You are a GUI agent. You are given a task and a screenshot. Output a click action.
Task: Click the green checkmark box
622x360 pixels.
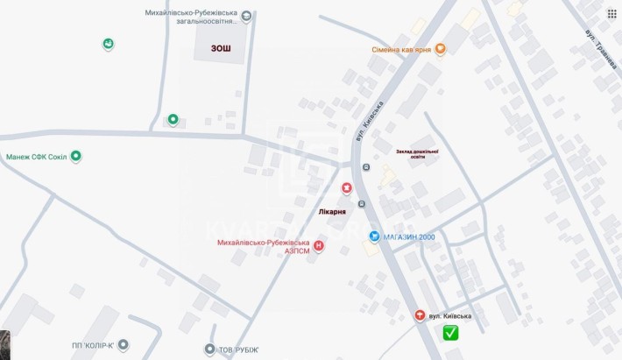coord(450,332)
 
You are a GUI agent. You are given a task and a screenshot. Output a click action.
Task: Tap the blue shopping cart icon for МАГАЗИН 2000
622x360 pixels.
coord(374,236)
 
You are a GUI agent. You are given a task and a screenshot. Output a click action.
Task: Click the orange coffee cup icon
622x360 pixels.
coord(440,50)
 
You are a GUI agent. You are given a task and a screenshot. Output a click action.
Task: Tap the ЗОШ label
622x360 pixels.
coord(221,49)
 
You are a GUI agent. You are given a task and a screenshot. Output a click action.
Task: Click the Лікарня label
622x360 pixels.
coord(331,212)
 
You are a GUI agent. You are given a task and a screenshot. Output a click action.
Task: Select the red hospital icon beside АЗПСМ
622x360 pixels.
coord(318,247)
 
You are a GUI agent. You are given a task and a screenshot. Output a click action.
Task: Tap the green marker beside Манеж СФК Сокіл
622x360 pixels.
coord(76,157)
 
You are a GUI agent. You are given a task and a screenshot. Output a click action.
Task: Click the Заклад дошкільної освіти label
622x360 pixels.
coord(416,154)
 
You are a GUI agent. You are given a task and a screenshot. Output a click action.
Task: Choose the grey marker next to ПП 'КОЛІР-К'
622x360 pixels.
coord(124,345)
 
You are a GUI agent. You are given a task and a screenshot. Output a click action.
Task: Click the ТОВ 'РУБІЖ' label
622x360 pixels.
coord(238,349)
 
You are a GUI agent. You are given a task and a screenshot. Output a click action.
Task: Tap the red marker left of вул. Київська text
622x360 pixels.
coord(420,315)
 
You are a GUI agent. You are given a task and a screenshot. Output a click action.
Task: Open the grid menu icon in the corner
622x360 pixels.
coord(611,14)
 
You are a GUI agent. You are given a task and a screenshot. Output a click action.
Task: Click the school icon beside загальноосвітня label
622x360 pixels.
coord(246,17)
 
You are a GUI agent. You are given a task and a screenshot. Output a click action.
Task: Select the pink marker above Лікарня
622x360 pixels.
coord(347,188)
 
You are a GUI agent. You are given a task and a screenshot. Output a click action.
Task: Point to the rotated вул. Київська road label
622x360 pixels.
coord(371,124)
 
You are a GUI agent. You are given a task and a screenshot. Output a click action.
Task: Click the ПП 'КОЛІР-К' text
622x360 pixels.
coord(93,345)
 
